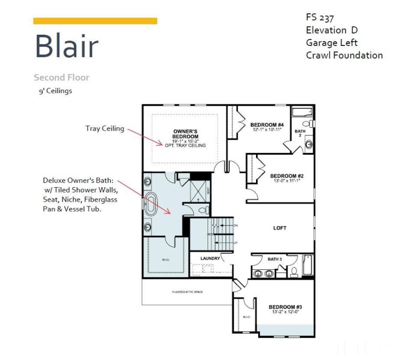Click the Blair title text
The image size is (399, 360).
(x=67, y=46)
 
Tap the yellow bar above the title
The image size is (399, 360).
(x=95, y=21)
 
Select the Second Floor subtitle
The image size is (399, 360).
(x=61, y=77)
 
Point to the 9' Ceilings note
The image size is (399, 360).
(x=54, y=91)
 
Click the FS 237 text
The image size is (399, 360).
(x=320, y=18)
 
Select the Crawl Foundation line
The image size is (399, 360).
(x=344, y=55)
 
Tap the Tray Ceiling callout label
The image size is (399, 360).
(x=105, y=129)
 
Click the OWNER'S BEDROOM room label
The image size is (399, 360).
(x=186, y=133)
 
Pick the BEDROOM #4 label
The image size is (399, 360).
(x=267, y=125)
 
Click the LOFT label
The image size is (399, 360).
(x=280, y=228)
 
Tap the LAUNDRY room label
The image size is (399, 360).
(x=210, y=259)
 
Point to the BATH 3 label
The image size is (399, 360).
(x=275, y=259)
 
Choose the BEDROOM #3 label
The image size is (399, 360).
(x=285, y=307)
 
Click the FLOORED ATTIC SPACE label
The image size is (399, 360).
(x=187, y=292)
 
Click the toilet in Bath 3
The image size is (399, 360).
(x=294, y=272)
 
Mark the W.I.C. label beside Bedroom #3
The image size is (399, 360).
(x=246, y=317)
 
